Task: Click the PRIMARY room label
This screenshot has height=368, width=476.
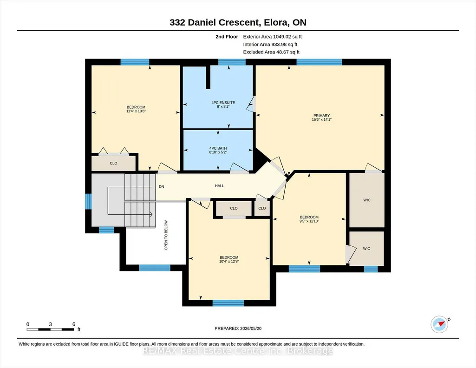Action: (321, 116)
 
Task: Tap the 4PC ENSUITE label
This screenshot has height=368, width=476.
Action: (223, 103)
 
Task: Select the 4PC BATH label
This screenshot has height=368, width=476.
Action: (218, 149)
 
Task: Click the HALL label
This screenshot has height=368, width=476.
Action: (220, 186)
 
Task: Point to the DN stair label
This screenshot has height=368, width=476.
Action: (162, 187)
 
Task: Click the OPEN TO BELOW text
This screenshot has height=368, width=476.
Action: (166, 235)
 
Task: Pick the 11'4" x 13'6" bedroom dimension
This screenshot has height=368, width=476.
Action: (136, 111)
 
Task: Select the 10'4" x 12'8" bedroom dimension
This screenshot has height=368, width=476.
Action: (229, 262)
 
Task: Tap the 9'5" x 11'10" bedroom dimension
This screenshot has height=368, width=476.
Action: (309, 221)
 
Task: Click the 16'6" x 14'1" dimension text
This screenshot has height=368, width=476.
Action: (321, 119)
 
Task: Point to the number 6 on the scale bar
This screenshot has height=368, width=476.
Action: (74, 324)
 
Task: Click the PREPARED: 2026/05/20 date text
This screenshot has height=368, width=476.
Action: (238, 329)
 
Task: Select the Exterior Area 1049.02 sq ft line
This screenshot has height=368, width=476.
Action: (272, 37)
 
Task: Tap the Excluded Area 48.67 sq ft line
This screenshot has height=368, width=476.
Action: (271, 52)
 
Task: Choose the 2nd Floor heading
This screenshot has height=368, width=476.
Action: (227, 37)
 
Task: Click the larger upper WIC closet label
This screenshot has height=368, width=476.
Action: (367, 200)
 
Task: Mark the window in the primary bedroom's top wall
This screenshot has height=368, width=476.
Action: (320, 62)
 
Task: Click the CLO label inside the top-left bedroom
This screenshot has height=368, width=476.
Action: (113, 164)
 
